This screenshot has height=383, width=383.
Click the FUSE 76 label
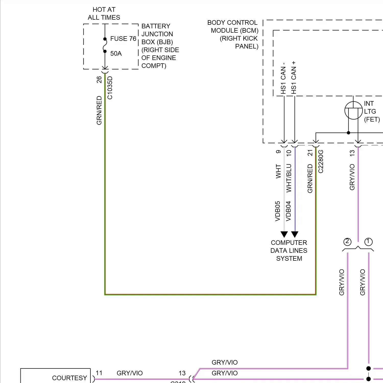point(123,39)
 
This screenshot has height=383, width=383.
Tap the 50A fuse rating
point(116,54)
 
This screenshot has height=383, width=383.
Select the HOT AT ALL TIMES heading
point(104,14)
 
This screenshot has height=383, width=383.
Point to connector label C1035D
point(110,88)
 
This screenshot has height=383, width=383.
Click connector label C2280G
point(321,161)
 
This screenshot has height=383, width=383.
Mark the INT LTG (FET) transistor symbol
point(353,110)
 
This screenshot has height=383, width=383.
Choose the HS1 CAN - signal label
point(283,78)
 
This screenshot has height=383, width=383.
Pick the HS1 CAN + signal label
point(294,78)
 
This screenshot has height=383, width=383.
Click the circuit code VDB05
point(278,211)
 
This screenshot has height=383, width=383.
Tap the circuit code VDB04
point(289,211)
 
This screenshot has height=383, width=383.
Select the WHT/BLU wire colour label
point(289,178)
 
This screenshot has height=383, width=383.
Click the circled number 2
point(347,242)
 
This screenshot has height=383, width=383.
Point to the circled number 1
point(368,242)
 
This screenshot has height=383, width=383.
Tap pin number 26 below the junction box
point(99,80)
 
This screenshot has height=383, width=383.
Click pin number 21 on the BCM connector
point(310,153)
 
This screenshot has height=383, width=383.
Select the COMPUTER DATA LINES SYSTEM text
point(289,250)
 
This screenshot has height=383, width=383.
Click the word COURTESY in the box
point(69,378)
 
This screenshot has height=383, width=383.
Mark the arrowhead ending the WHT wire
point(284,234)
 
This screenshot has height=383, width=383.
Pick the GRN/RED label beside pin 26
point(99,110)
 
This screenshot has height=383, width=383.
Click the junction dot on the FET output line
point(349,133)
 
